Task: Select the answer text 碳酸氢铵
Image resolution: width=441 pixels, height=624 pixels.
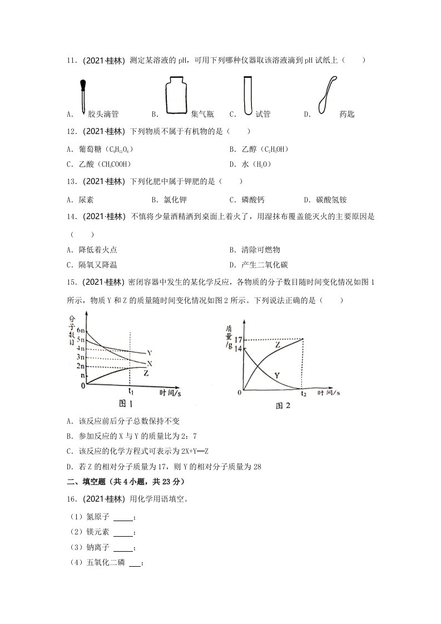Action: click(x=333, y=200)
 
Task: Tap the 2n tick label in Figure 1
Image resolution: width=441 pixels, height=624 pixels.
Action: click(x=80, y=366)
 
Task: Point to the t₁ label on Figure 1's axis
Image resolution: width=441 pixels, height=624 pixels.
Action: click(x=131, y=390)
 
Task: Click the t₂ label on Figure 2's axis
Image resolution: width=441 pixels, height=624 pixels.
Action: click(x=304, y=394)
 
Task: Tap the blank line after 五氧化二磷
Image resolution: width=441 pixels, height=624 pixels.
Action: click(x=135, y=563)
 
